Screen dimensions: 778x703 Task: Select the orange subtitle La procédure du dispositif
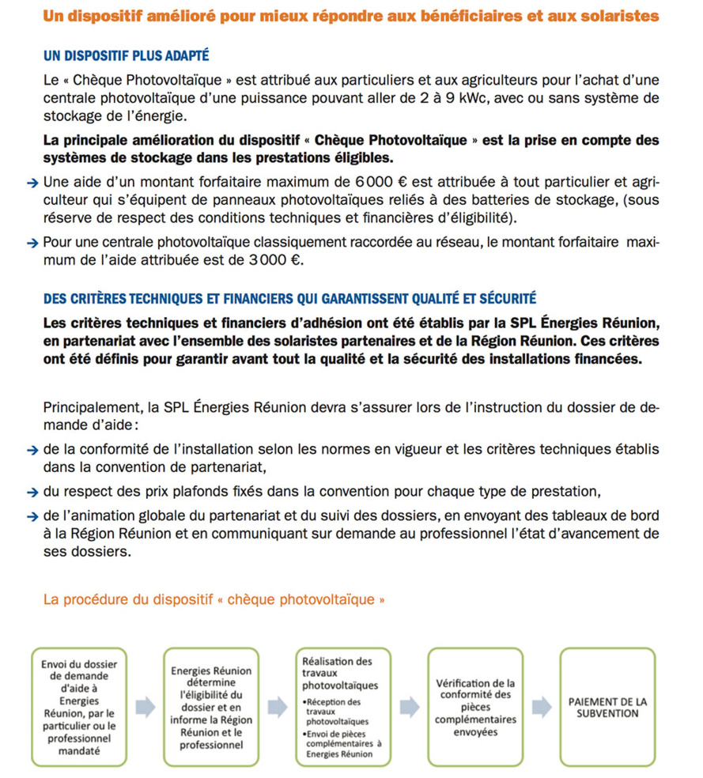tap(214, 599)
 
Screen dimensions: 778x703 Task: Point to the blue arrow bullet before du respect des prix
tap(32, 492)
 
